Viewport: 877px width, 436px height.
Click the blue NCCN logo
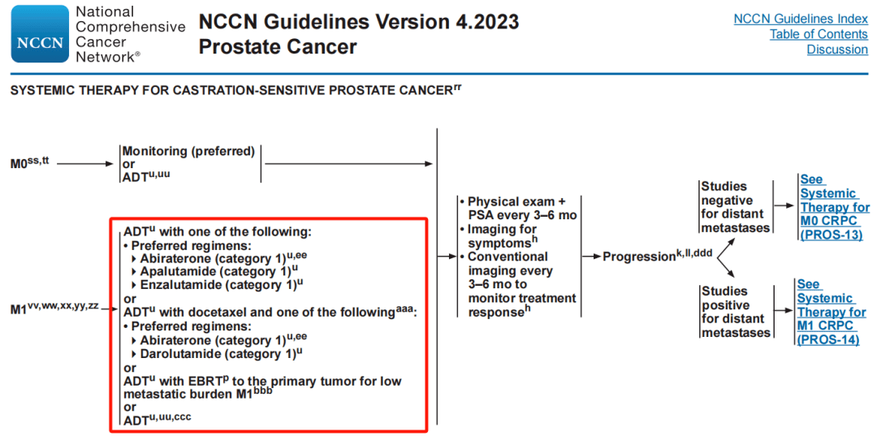click(x=40, y=34)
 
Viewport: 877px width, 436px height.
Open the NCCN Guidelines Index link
click(x=801, y=19)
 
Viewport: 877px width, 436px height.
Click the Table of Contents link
click(x=819, y=34)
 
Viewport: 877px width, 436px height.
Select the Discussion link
click(x=837, y=50)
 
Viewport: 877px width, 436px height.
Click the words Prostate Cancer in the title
click(x=278, y=47)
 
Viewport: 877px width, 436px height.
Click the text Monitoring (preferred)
click(x=188, y=151)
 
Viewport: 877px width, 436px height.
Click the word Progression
click(x=639, y=257)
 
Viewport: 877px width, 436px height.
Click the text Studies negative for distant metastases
click(x=736, y=208)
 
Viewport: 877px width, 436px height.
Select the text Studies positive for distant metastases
click(x=736, y=313)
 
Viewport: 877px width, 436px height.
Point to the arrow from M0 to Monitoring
click(x=85, y=164)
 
